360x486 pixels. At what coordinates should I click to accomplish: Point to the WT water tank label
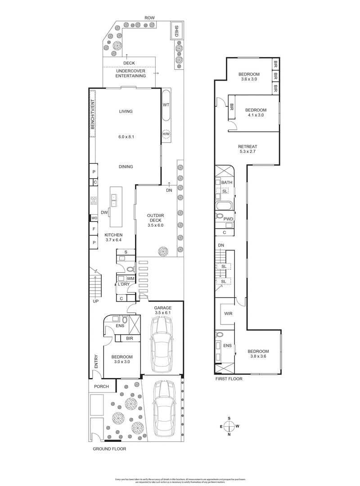(166, 105)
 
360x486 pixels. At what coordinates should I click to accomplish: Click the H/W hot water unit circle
(166, 134)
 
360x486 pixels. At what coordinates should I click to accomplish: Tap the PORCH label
(102, 387)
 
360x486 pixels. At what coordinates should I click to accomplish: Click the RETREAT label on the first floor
(247, 147)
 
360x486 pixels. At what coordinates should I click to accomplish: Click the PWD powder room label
(229, 219)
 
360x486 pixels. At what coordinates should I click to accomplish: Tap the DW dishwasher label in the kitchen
(104, 212)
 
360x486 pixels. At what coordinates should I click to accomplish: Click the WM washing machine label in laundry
(130, 279)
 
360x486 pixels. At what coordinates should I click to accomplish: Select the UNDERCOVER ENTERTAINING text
(130, 73)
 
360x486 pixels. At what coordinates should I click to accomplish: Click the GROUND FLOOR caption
(109, 449)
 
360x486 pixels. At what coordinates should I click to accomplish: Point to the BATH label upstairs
(227, 182)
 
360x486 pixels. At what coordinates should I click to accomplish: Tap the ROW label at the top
(149, 18)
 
